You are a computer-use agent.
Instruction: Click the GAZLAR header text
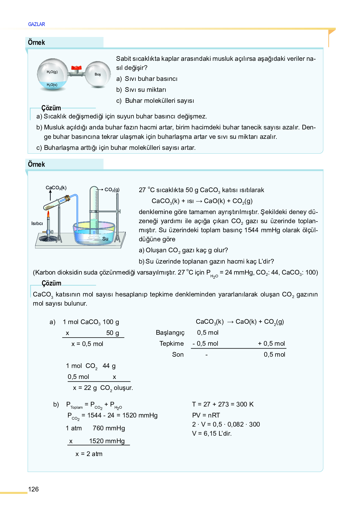pos(36,24)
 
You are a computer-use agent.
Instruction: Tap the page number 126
pos(33,489)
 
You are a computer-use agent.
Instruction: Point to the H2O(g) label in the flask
pos(52,72)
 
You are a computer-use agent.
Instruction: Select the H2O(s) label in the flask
pos(52,85)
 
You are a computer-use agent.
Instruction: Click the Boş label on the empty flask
pos(98,75)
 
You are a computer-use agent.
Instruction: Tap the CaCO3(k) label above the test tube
pos(56,188)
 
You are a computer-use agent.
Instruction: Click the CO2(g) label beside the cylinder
pos(112,190)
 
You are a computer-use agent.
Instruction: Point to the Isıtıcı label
pos(37,223)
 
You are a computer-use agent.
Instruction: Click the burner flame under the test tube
pos(48,214)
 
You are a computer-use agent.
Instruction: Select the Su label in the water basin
pos(105,239)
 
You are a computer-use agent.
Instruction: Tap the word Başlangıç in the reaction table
pos(170,333)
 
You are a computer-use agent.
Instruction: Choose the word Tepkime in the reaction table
pos(171,344)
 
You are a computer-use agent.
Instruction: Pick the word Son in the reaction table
pos(178,354)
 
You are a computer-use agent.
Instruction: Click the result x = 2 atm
pos(89,454)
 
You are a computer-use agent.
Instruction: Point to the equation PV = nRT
pos(206,415)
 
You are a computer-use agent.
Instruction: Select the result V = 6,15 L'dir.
pos(212,433)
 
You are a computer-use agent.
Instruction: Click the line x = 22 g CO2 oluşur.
pos(103,388)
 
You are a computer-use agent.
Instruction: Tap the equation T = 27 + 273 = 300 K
pos(223,404)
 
